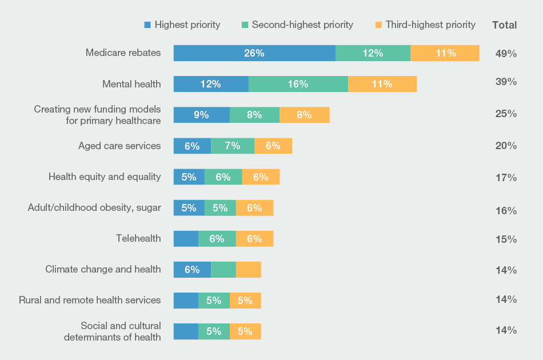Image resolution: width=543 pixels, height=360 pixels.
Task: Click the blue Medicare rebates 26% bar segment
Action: (254, 53)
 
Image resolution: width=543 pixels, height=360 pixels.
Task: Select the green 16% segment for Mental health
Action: (298, 84)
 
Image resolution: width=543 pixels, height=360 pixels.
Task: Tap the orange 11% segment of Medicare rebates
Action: (445, 53)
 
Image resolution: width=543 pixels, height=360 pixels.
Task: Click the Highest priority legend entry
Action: (182, 25)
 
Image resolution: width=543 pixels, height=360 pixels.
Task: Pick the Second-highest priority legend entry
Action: (297, 25)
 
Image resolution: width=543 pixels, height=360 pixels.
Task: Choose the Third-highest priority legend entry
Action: (425, 25)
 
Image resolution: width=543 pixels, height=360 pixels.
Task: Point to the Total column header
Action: (504, 25)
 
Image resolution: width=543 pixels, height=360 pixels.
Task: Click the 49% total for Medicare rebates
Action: (506, 54)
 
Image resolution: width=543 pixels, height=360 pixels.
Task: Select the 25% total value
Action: (506, 114)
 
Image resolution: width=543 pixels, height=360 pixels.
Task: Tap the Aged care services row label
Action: (119, 146)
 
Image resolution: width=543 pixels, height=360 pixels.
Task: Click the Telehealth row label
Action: (138, 238)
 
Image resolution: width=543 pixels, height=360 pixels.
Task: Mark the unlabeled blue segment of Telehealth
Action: (186, 239)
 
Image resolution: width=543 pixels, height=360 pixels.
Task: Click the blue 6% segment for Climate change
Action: (192, 270)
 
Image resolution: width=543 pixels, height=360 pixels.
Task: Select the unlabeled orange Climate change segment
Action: (248, 270)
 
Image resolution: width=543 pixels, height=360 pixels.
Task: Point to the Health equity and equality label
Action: (105, 177)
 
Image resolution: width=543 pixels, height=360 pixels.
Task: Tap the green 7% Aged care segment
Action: (232, 146)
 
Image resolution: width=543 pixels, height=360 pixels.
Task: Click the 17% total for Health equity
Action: (506, 178)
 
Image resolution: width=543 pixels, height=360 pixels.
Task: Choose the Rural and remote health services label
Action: (90, 300)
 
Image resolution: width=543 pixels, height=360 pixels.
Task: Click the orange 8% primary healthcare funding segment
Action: (304, 115)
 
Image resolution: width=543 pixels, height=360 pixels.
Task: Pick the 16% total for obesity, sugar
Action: (506, 211)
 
